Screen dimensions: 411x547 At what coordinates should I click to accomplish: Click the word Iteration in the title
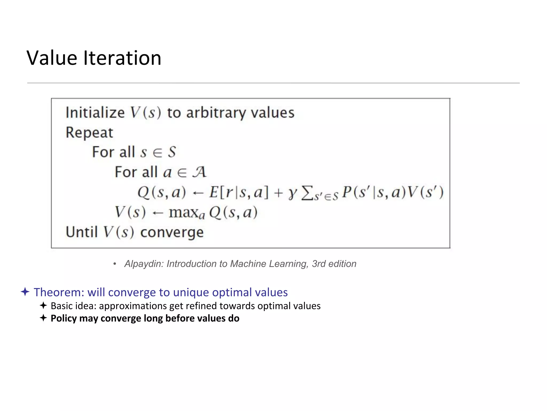[x=122, y=58]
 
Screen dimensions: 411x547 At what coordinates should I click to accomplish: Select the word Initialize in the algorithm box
[x=95, y=113]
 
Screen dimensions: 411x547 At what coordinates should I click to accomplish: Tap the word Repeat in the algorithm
[x=89, y=133]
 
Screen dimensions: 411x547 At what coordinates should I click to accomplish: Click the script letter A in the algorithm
[x=199, y=172]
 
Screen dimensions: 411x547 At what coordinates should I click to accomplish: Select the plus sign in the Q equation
[x=278, y=193]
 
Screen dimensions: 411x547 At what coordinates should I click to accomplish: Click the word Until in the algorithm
[x=81, y=232]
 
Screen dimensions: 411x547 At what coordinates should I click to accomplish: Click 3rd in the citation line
[x=319, y=264]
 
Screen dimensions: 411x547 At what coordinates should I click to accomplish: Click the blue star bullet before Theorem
[x=25, y=292]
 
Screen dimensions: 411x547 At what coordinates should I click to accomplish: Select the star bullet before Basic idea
[x=43, y=306]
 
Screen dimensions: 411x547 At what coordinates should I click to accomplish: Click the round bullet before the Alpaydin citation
[x=115, y=264]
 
